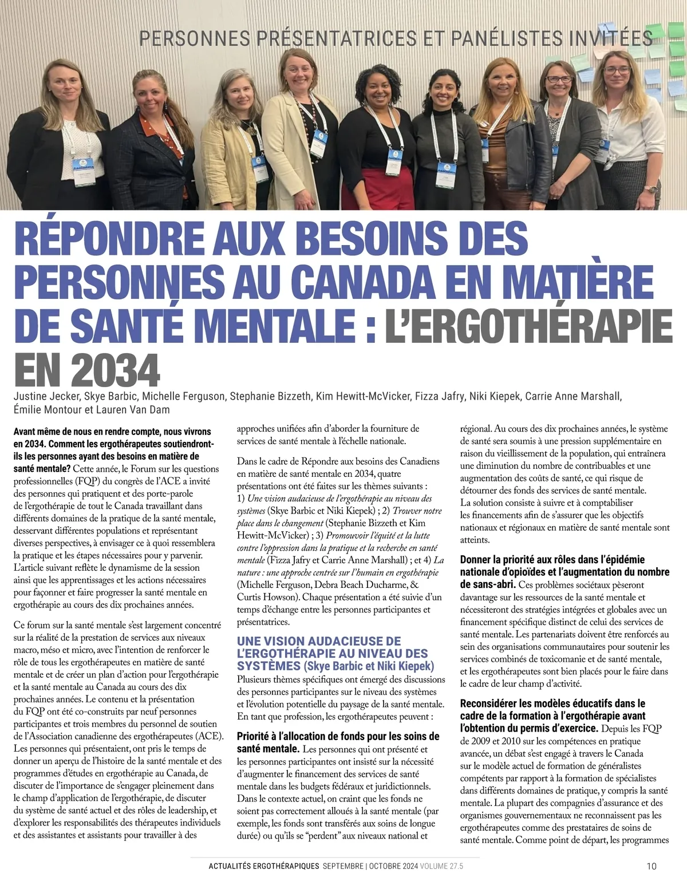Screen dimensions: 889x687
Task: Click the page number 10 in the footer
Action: pos(652,866)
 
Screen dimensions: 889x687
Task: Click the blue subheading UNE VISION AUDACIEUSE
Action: pos(319,641)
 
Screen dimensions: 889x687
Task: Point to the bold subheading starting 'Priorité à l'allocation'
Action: pos(338,736)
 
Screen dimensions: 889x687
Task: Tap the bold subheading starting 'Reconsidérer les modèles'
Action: pos(552,703)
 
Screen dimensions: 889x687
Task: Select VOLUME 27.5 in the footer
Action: pos(441,866)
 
